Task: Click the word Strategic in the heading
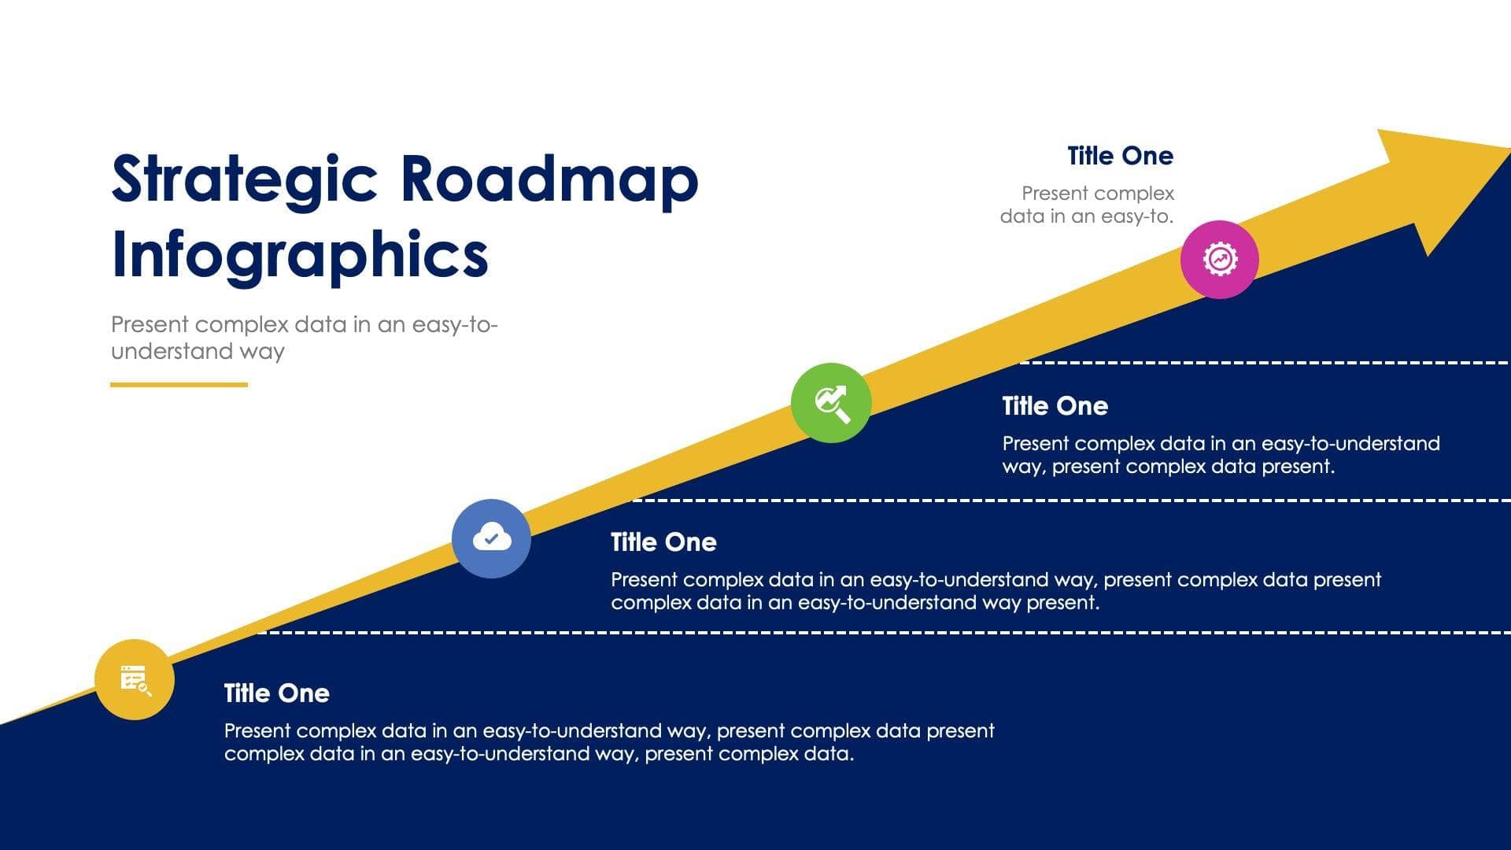click(x=244, y=179)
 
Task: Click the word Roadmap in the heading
click(x=549, y=179)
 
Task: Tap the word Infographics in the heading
click(x=300, y=254)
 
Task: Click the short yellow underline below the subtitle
click(x=179, y=385)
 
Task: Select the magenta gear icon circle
click(x=1219, y=259)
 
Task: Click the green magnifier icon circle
click(x=831, y=403)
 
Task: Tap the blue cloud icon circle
click(x=491, y=538)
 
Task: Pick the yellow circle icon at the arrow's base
click(x=134, y=679)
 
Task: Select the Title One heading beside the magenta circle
click(x=1120, y=156)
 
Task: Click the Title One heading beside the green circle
click(x=1055, y=406)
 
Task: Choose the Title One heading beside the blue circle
click(x=663, y=542)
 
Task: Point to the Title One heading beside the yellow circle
click(x=276, y=693)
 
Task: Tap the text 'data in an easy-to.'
click(x=1086, y=216)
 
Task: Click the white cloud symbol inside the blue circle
click(x=491, y=539)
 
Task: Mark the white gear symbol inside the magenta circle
click(x=1219, y=259)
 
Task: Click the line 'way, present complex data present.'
click(x=1168, y=467)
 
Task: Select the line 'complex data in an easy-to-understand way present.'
click(x=855, y=603)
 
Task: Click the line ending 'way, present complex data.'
click(x=538, y=754)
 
